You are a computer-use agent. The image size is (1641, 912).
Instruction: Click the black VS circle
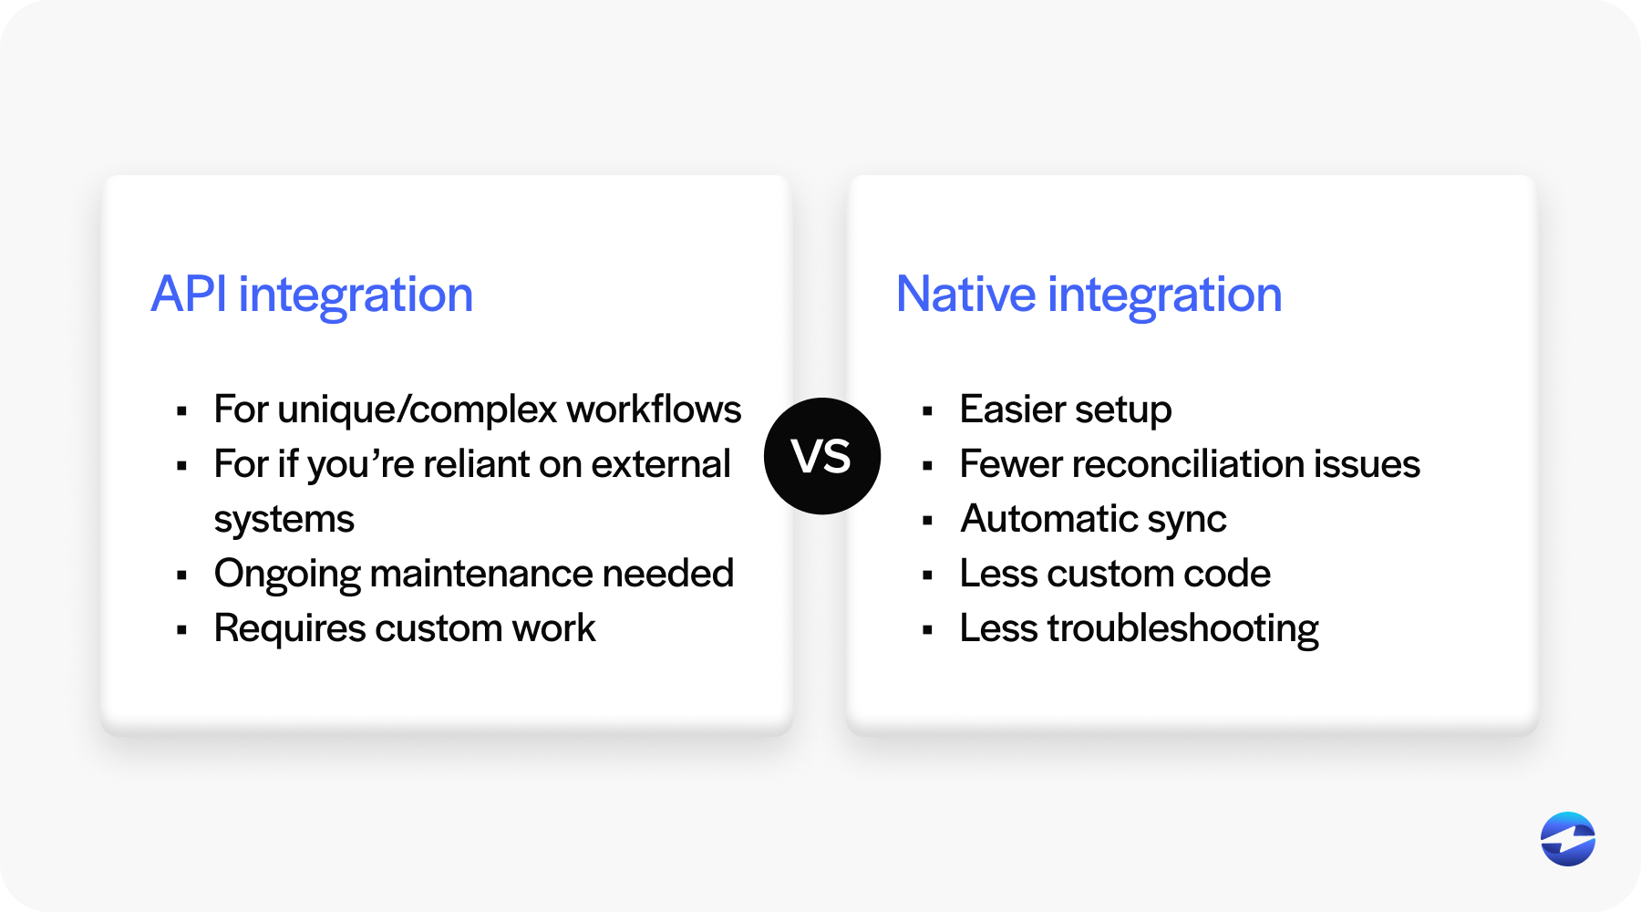822,456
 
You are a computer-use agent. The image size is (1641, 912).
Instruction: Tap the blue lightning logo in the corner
1568,839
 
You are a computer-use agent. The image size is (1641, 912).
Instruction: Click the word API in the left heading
189,295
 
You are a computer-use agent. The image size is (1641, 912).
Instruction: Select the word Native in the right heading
966,295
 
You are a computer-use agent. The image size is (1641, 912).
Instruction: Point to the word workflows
655,409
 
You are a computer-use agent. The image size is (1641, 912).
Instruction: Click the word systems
284,520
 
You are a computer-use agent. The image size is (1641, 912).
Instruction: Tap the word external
661,464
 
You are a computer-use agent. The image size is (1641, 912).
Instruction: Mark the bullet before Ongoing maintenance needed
182,575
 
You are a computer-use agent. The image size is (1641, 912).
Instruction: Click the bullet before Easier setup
928,411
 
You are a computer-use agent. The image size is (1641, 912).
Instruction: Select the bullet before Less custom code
928,575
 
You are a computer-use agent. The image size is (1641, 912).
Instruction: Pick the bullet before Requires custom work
182,630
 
